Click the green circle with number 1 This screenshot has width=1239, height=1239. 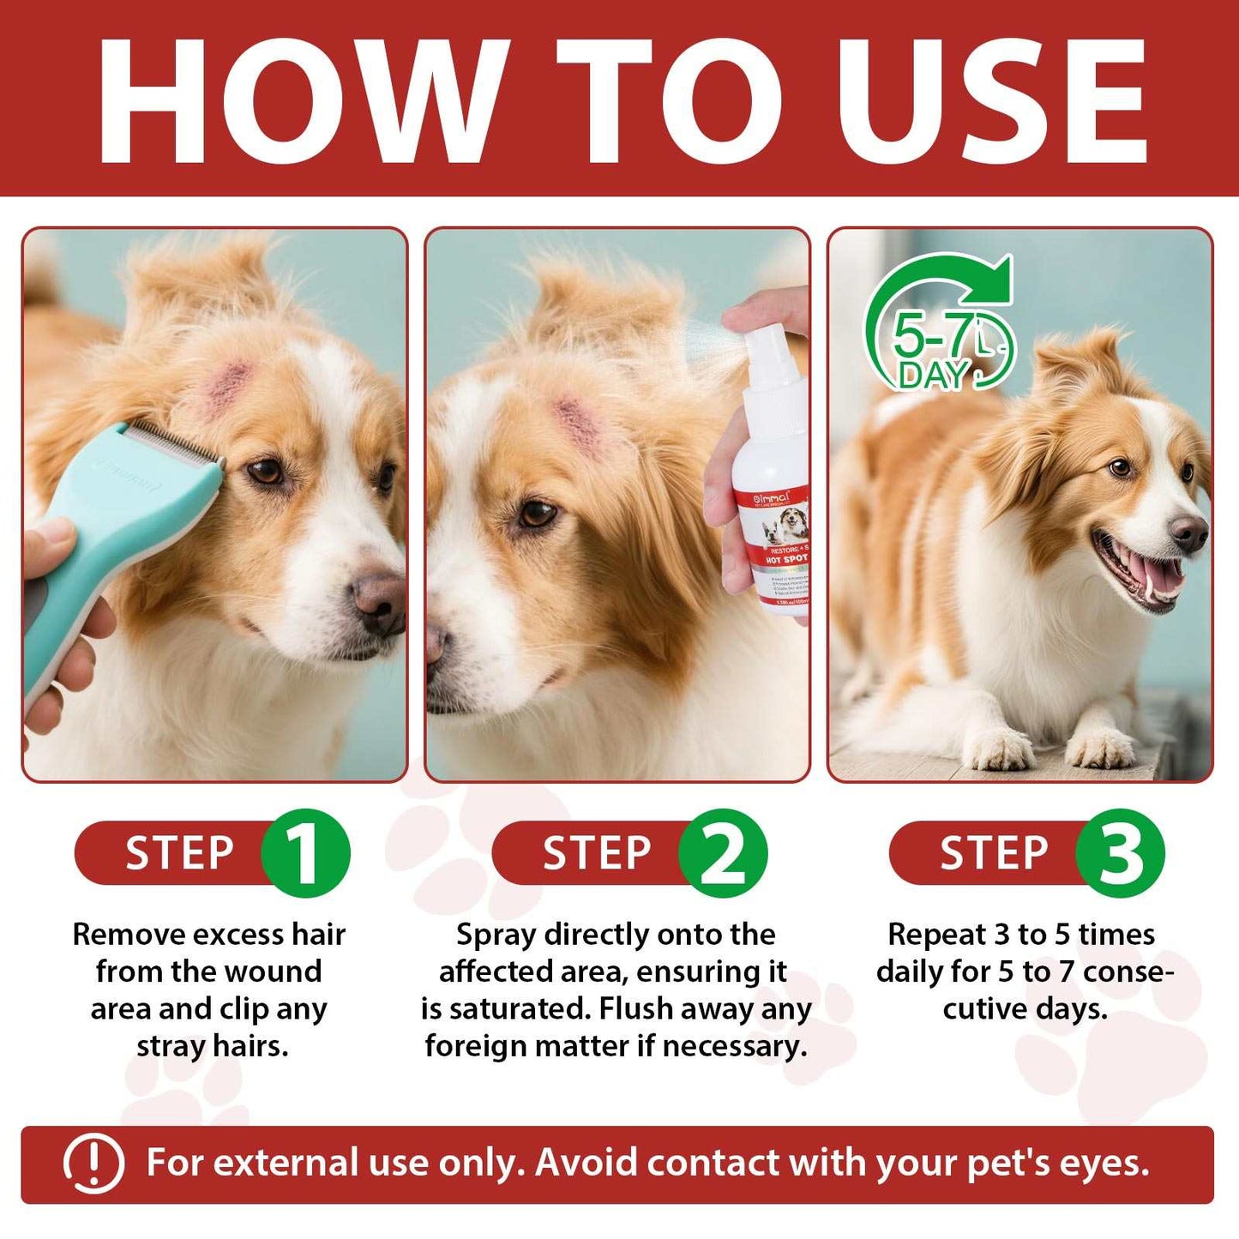pos(305,853)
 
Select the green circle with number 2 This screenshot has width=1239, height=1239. pos(723,853)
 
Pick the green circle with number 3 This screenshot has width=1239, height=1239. pos(1120,853)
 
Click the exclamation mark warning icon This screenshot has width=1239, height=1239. pos(93,1164)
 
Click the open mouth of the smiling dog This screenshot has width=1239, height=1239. pos(1140,574)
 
